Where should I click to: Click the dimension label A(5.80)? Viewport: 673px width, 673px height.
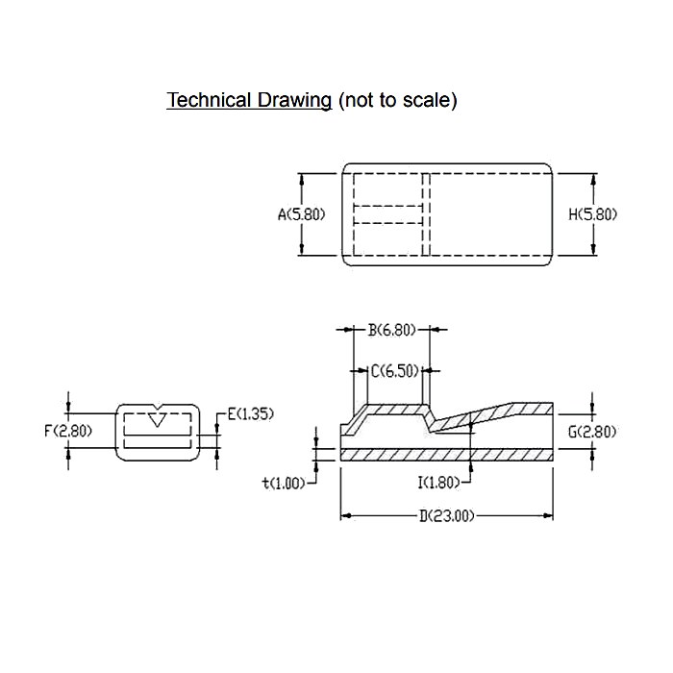(x=302, y=214)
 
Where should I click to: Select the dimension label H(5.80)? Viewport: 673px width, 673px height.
(x=592, y=214)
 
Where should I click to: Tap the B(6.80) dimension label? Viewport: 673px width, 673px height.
(x=391, y=330)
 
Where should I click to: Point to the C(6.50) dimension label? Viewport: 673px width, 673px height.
(x=395, y=370)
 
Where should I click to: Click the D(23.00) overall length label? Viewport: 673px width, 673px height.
(x=447, y=516)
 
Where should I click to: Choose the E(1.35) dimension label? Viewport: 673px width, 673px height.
(x=250, y=414)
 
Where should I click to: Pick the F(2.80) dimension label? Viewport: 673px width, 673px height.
(x=68, y=430)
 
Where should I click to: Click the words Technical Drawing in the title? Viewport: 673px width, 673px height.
(x=249, y=100)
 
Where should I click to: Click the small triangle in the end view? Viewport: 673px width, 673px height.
(x=159, y=419)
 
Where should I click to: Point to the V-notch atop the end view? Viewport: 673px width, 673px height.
(x=159, y=406)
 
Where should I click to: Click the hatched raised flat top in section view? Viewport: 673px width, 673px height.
(x=394, y=409)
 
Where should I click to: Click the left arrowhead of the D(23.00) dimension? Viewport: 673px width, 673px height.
(x=344, y=516)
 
